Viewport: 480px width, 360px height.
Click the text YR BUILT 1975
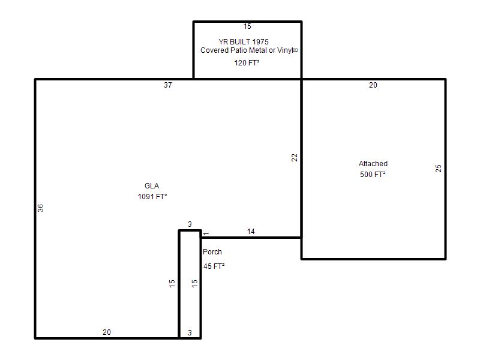[244, 41]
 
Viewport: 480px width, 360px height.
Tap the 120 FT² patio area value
[247, 63]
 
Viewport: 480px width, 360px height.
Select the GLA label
[152, 186]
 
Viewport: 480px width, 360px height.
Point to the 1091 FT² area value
[152, 197]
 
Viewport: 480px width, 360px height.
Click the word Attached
[373, 163]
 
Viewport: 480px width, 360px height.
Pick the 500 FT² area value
[373, 174]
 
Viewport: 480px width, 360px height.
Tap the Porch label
[212, 251]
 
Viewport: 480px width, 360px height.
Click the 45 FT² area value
[214, 266]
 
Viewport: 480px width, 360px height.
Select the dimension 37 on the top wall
[168, 85]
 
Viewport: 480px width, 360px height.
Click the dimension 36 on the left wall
[40, 208]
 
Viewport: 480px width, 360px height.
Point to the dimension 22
[294, 158]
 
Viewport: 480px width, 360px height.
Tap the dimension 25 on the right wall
[439, 169]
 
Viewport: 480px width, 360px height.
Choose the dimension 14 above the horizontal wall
[251, 232]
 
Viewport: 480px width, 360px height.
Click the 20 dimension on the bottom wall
[107, 332]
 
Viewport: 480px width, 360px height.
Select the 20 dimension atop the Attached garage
[373, 85]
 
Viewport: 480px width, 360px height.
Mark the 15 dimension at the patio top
[247, 26]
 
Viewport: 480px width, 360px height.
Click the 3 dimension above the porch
[190, 224]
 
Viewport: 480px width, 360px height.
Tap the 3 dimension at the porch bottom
[190, 333]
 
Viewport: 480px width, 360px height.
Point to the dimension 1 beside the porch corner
[206, 234]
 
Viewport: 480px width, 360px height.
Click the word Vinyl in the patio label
[285, 50]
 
